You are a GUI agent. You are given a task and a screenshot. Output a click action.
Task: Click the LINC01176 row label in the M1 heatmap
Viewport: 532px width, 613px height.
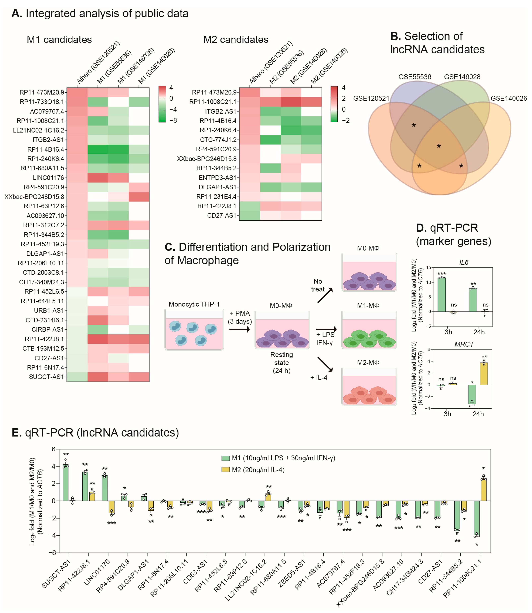48,178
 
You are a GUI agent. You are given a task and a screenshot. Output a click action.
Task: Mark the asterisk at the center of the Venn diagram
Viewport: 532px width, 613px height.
439,146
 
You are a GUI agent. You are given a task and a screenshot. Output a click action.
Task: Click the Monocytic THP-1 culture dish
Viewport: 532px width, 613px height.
194,330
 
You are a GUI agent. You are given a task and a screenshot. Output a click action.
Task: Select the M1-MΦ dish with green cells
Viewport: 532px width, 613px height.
369,330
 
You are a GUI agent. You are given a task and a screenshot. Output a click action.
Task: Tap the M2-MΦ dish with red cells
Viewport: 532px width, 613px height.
369,387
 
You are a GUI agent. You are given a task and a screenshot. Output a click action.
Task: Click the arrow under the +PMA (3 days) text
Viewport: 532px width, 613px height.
239,329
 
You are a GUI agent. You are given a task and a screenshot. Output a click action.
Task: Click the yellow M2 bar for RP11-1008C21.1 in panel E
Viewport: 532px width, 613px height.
483,489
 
